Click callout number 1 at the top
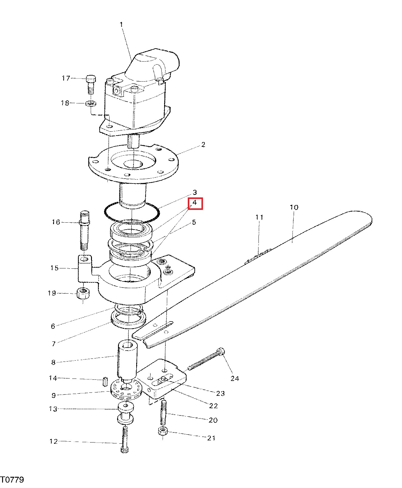(x=121, y=24)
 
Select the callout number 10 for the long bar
(x=294, y=207)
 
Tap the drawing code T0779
(x=12, y=480)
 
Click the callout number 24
(x=235, y=378)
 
